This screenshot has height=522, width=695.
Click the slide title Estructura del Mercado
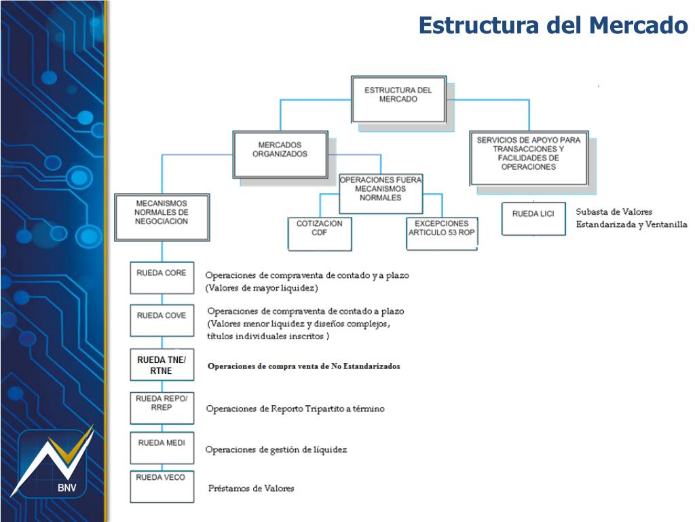(x=553, y=26)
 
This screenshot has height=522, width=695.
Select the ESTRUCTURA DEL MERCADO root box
(x=398, y=99)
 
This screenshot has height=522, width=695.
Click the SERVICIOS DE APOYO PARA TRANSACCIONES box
(x=528, y=158)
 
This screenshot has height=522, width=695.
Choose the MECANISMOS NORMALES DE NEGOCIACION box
(x=162, y=216)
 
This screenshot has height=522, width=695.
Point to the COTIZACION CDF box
(x=319, y=234)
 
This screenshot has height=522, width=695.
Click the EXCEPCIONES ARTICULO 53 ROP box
(x=441, y=234)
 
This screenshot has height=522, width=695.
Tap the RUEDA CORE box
(x=162, y=277)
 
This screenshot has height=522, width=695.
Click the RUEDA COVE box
(x=162, y=320)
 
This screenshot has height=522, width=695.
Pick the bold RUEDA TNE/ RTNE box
(x=162, y=365)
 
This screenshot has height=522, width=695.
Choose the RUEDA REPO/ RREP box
(x=162, y=407)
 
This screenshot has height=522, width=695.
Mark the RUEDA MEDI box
(x=162, y=448)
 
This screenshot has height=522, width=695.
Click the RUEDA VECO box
(x=162, y=486)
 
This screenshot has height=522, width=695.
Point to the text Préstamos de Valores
(x=251, y=489)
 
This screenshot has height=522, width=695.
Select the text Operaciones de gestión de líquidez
(x=276, y=450)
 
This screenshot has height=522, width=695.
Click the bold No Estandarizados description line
(x=303, y=366)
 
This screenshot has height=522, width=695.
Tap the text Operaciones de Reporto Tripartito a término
(x=295, y=409)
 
